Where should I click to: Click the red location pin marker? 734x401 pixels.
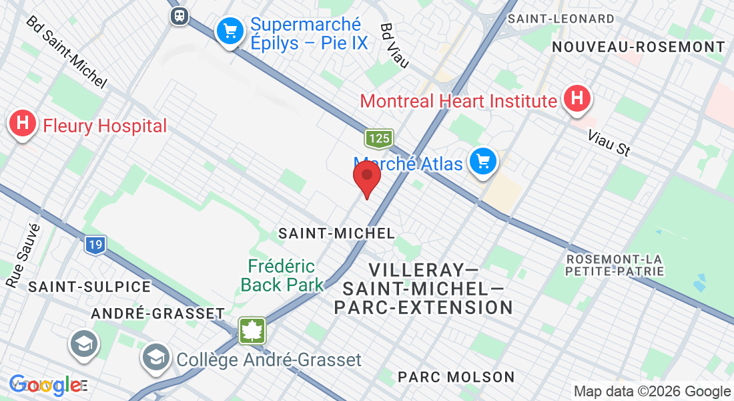coord(366,176)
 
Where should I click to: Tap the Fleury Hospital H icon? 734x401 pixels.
coord(23,124)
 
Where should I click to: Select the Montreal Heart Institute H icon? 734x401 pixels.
coord(577,100)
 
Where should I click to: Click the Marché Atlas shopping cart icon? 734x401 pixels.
coord(482,162)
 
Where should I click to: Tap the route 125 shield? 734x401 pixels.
coord(378,138)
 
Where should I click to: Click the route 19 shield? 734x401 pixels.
coord(95,245)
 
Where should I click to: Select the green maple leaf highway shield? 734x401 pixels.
coord(253,331)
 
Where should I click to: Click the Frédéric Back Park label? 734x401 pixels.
coord(282,275)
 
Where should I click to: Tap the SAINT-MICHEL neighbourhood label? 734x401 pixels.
coord(336,233)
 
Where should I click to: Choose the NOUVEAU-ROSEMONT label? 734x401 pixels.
coord(639,47)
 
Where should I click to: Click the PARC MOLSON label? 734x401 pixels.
coord(456,377)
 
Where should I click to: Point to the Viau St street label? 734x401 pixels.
coord(609,143)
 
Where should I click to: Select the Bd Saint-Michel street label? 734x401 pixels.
coord(66,52)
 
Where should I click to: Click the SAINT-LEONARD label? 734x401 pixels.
coord(561,19)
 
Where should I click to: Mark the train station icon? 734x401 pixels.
coord(179,15)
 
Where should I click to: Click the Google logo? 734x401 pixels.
coord(45,385)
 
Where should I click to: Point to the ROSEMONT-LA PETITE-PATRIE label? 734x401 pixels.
coord(615,265)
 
